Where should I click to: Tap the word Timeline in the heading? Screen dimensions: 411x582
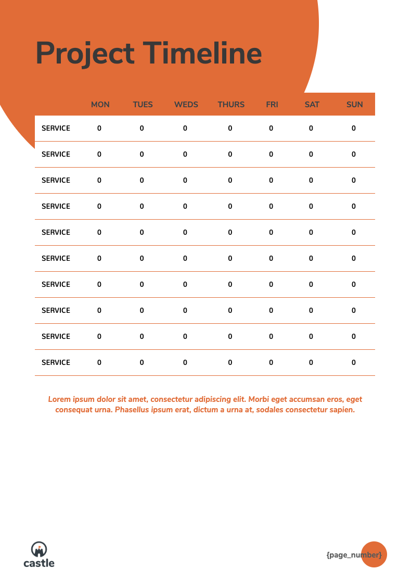click(x=202, y=53)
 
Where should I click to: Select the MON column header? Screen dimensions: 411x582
click(x=100, y=105)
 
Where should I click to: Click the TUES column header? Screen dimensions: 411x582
click(x=143, y=105)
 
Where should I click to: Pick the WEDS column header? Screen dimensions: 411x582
click(x=186, y=105)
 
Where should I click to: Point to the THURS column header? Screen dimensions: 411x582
click(x=231, y=105)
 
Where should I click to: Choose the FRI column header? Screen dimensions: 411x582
click(x=272, y=105)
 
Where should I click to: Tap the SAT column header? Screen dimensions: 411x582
click(x=312, y=105)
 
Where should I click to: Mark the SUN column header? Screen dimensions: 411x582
click(x=355, y=105)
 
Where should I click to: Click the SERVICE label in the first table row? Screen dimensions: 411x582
click(x=56, y=129)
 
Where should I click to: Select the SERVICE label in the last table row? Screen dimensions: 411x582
click(x=56, y=363)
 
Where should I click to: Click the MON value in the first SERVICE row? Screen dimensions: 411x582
click(x=99, y=129)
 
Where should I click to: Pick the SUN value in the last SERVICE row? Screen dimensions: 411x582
click(x=354, y=363)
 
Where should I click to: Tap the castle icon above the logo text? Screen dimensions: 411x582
click(x=39, y=549)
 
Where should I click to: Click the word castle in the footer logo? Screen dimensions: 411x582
click(x=39, y=563)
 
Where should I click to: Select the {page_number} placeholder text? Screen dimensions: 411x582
click(x=354, y=555)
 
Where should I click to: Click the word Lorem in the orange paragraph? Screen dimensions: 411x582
click(x=59, y=399)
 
